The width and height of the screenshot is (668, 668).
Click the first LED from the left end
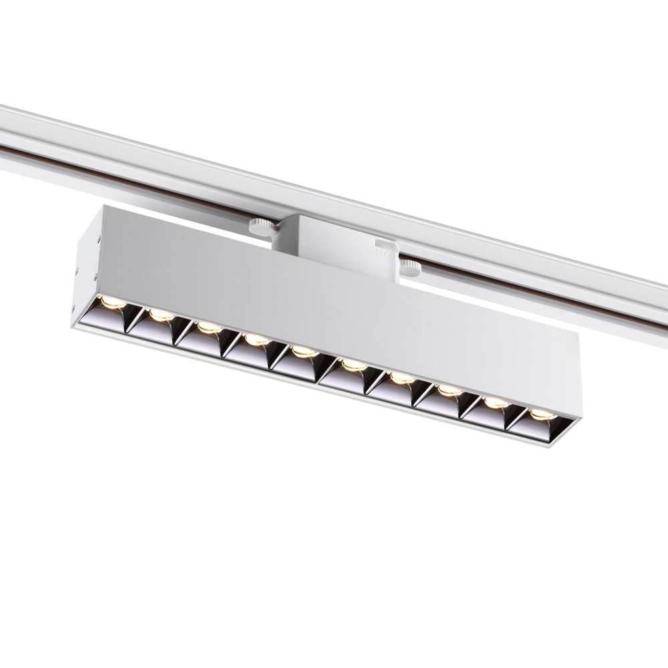point(112,302)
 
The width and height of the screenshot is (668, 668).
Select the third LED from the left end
point(208,327)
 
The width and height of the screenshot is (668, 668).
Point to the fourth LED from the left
point(256,339)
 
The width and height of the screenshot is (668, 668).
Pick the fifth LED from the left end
point(304,351)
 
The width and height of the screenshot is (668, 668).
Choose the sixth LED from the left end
point(352,365)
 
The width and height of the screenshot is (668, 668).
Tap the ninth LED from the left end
point(495,403)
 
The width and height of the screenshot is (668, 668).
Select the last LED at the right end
point(541,415)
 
